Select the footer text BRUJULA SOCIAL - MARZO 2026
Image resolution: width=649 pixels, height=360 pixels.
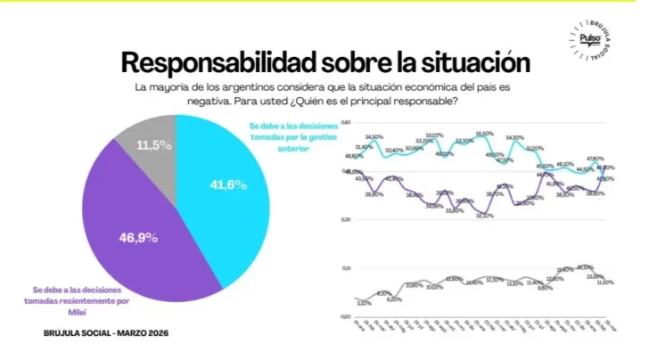click(x=105, y=333)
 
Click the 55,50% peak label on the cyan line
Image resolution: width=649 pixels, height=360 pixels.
click(x=484, y=134)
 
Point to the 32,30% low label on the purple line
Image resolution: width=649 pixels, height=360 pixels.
click(x=484, y=216)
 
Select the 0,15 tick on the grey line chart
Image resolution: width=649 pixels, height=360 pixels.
click(x=347, y=266)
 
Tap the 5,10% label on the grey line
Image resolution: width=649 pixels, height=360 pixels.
click(x=363, y=303)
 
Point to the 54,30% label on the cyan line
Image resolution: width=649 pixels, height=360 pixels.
click(x=514, y=137)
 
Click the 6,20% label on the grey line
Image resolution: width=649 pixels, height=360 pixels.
click(x=393, y=299)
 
